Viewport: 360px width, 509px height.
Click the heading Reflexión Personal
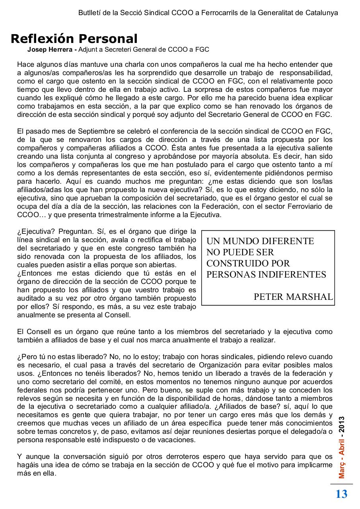tap(74, 39)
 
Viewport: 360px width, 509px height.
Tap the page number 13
tap(341, 494)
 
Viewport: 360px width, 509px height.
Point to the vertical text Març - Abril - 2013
tap(342, 447)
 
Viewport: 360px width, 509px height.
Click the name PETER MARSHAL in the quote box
tap(293, 297)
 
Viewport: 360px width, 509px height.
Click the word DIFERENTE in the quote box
tap(288, 241)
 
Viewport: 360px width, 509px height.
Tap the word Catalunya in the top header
tap(322, 12)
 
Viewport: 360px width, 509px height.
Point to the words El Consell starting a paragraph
tap(30, 331)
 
